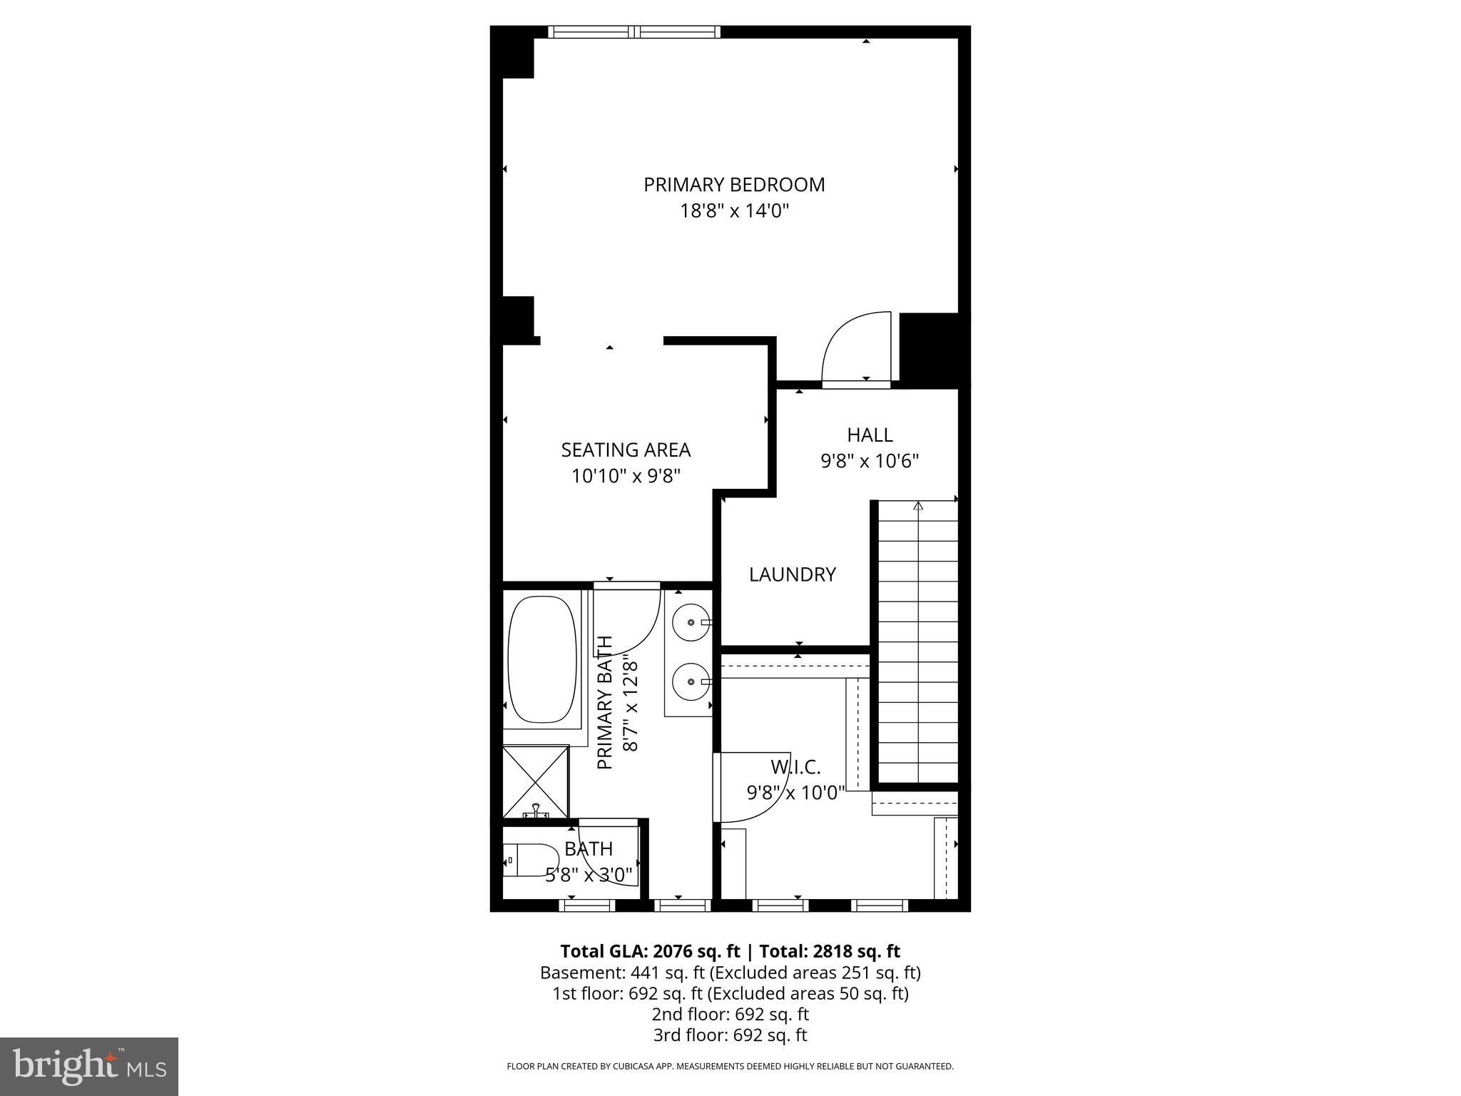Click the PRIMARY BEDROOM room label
coord(734,185)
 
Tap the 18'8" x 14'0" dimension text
coord(734,211)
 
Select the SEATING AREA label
coord(626,450)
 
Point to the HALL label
coord(870,435)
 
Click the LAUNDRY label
coord(792,574)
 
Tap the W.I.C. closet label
coord(795,768)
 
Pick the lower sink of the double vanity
coord(691,681)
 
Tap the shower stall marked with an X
coord(536,780)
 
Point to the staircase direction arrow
coord(918,506)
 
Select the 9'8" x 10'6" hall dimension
coord(870,461)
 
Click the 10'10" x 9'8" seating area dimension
coord(626,476)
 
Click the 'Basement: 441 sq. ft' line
coord(622,973)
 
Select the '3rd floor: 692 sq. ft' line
coord(730,1035)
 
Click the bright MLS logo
coord(89,1067)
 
